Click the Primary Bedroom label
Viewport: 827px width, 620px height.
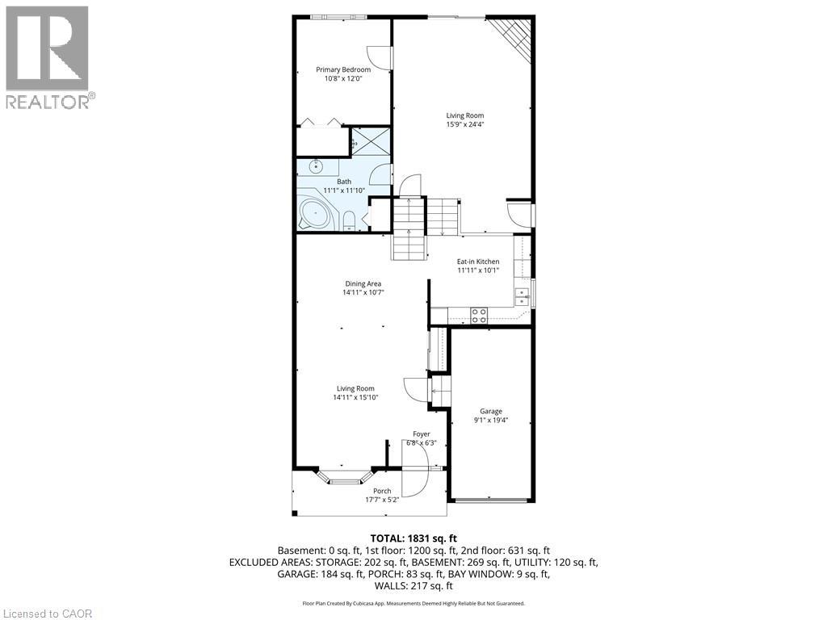click(x=342, y=70)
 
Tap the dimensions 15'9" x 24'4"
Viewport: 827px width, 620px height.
click(x=464, y=124)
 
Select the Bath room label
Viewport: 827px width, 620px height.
click(x=344, y=182)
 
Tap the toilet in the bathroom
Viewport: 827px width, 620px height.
click(x=350, y=220)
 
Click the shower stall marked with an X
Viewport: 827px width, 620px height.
click(x=371, y=142)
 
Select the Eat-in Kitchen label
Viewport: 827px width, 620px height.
click(x=478, y=262)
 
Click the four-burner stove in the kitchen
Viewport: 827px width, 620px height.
click(x=478, y=316)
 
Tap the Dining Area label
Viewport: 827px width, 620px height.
click(x=363, y=283)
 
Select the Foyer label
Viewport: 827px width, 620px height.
click(x=422, y=434)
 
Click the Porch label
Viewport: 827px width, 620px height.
click(x=382, y=491)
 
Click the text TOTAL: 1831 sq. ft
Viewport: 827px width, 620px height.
click(x=413, y=538)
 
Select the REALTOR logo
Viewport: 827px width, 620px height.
click(x=48, y=57)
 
